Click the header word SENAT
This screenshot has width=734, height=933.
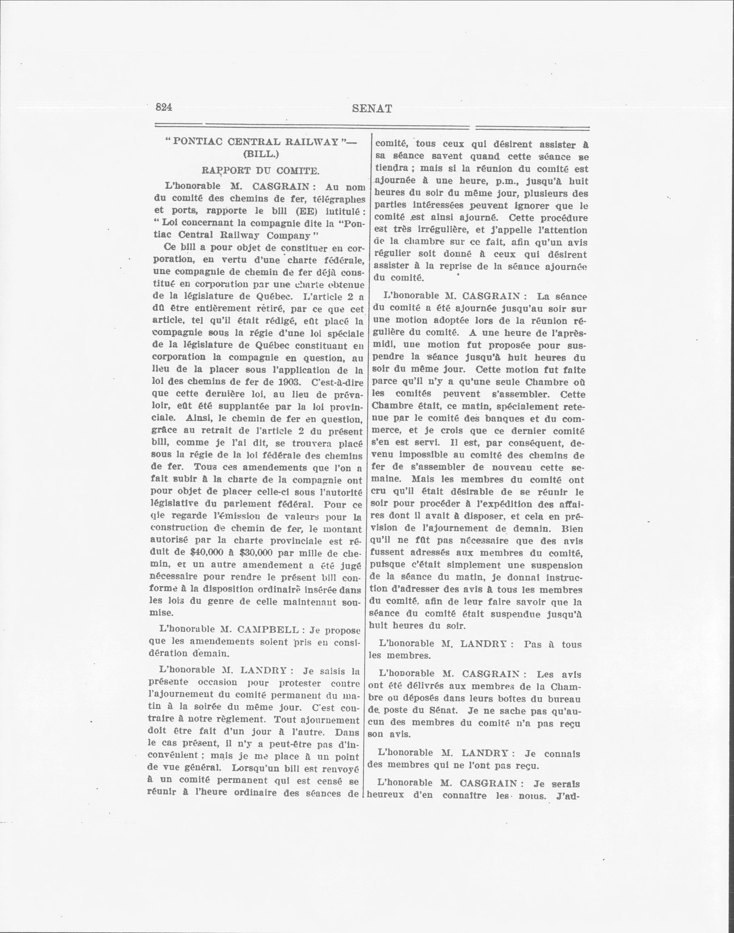pyautogui.click(x=372, y=109)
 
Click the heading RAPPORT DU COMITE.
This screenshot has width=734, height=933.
pyautogui.click(x=260, y=170)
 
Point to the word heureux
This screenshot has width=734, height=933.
pyautogui.click(x=385, y=795)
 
